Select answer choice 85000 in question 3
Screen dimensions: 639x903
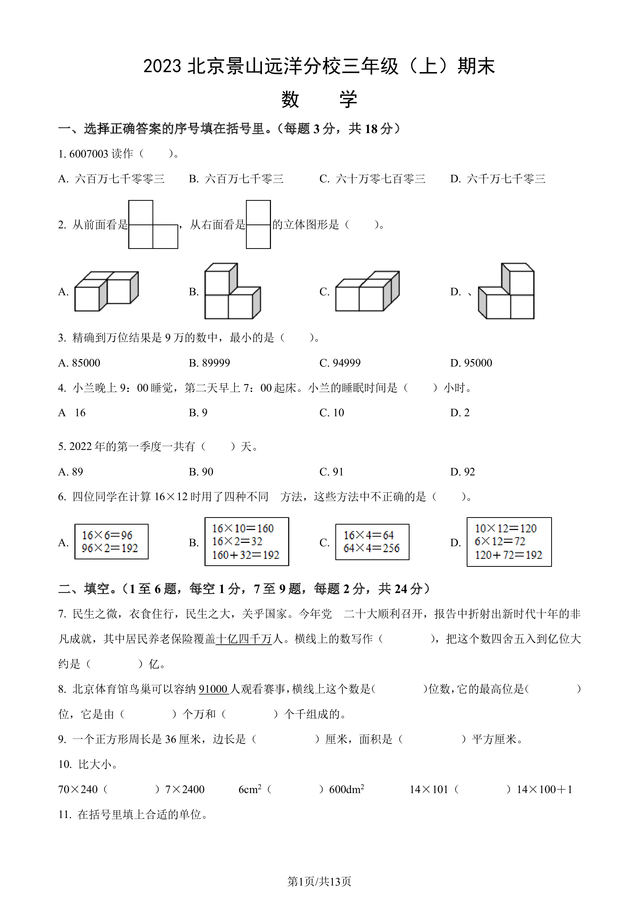tap(79, 363)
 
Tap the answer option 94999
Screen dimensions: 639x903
tap(340, 363)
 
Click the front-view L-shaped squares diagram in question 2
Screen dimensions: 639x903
tap(153, 224)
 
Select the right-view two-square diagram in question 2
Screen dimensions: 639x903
tap(258, 224)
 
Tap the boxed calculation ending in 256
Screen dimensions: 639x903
tap(372, 542)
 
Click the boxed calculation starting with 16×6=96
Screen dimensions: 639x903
tap(111, 542)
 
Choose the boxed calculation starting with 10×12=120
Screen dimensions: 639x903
tap(509, 542)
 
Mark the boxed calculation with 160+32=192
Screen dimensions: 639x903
tap(247, 542)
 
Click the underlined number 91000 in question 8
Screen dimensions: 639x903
tap(214, 689)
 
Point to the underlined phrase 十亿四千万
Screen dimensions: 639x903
tap(244, 639)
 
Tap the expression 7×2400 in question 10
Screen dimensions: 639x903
tap(185, 789)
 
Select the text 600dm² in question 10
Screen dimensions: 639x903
tap(347, 789)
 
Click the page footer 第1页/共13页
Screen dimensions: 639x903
tap(319, 882)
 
